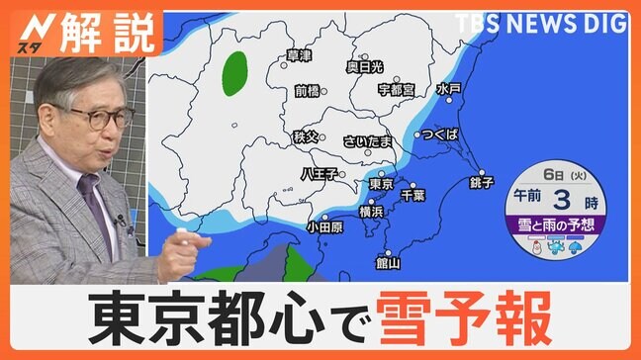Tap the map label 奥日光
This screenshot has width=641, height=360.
coord(364,67)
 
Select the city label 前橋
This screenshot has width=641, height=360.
coord(309,90)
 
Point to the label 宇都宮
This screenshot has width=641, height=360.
coord(396,90)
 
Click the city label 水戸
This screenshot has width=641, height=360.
coord(449,89)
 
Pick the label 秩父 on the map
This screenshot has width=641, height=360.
coord(307,135)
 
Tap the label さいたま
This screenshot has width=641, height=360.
coord(368,141)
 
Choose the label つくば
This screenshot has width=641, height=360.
coord(438,134)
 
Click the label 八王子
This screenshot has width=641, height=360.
coord(319,173)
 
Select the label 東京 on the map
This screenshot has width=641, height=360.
coord(382,184)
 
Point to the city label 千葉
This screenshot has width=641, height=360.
coord(412,196)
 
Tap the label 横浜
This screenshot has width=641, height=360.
coord(371,212)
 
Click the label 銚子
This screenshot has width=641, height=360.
coord(482,183)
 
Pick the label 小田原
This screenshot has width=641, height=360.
coord(324,226)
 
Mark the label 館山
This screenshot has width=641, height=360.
coord(388,263)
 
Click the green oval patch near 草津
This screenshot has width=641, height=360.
coord(235,73)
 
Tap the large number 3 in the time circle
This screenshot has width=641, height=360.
coord(568,195)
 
